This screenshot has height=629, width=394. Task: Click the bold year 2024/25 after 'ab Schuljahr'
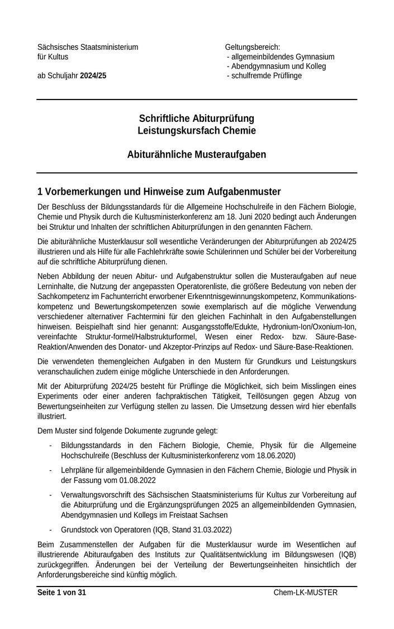(93, 75)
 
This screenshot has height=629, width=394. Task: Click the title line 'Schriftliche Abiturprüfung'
(196, 119)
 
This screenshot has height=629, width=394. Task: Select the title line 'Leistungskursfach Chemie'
(196, 131)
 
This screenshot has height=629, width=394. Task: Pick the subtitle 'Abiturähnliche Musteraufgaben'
(196, 154)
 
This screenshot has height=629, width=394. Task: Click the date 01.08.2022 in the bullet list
(136, 480)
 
